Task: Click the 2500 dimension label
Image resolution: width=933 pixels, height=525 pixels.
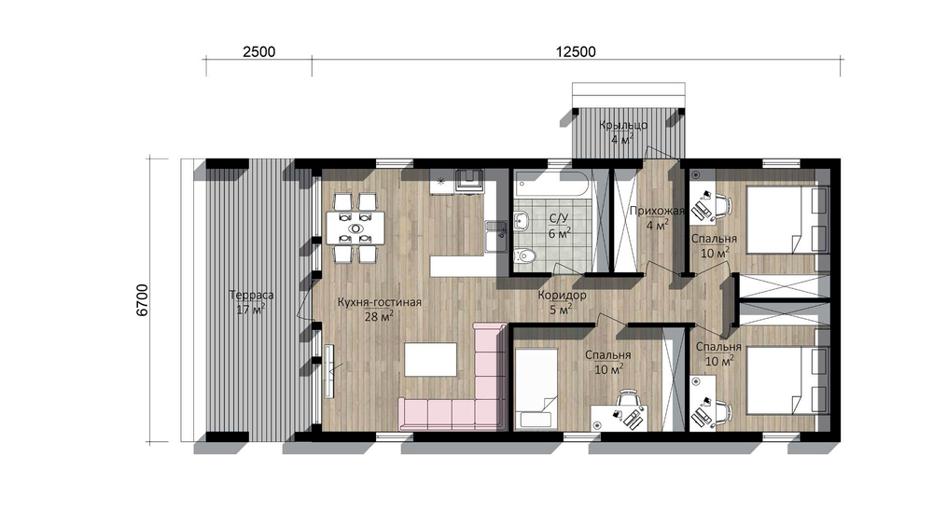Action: (x=258, y=51)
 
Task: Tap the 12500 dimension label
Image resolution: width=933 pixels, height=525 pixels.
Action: (x=576, y=51)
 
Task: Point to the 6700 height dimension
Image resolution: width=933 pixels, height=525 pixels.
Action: (x=142, y=299)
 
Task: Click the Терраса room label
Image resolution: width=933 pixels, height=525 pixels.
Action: (x=251, y=295)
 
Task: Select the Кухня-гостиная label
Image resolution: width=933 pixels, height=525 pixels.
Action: (x=379, y=302)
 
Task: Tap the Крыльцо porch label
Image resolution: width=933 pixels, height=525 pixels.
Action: (x=623, y=126)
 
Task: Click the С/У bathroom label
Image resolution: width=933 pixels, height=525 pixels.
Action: (x=559, y=219)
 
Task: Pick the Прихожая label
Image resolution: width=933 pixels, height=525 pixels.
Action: (x=656, y=211)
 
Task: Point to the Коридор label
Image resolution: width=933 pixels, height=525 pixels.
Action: (x=563, y=295)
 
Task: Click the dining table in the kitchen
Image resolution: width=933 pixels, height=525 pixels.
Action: (x=355, y=228)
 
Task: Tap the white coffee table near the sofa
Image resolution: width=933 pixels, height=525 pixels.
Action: (x=431, y=359)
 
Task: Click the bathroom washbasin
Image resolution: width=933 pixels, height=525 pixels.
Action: (x=522, y=220)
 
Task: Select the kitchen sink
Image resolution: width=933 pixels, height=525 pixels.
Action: (x=495, y=237)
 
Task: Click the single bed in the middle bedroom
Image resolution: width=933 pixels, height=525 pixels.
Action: (x=536, y=389)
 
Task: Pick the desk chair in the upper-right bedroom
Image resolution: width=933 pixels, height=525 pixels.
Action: (x=722, y=206)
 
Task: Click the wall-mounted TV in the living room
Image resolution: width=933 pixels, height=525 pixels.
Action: (x=328, y=372)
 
